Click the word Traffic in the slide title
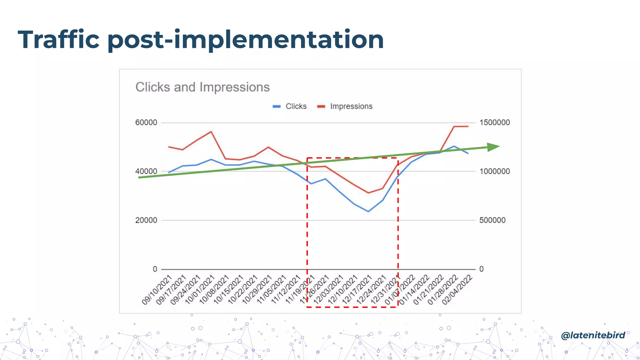coord(59,40)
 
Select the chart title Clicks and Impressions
coord(202,87)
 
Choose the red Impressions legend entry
coord(345,107)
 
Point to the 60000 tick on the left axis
coord(146,122)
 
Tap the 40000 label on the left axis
coord(146,171)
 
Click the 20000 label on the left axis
coord(146,220)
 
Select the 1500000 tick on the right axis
coord(494,122)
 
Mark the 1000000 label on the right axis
coord(494,171)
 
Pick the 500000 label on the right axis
coord(492,220)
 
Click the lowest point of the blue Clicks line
coord(368,212)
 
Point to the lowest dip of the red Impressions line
coord(368,193)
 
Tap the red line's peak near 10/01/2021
coord(211,132)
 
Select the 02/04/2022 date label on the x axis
coord(457,290)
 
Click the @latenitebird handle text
coord(593,335)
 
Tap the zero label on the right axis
coord(481,269)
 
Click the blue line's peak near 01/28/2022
coord(454,146)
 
